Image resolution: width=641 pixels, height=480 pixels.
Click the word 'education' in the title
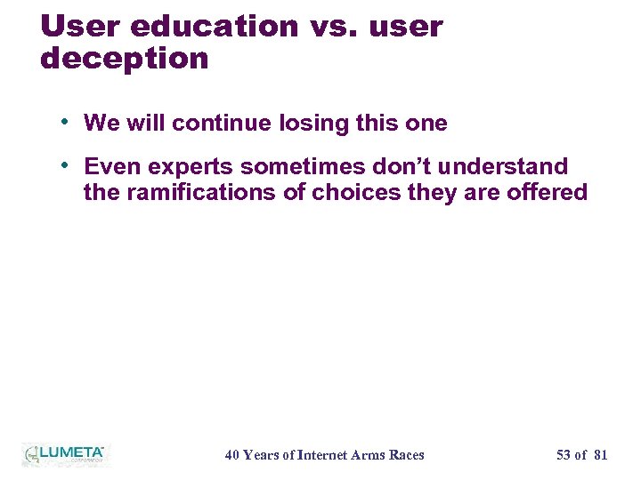(214, 27)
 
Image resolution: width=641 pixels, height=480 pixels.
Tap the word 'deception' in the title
(124, 60)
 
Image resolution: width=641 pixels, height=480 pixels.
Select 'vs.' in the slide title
(330, 27)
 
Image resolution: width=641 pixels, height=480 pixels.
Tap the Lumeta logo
(63, 454)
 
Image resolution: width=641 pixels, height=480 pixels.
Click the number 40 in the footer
(232, 455)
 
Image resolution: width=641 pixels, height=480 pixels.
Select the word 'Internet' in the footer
(325, 455)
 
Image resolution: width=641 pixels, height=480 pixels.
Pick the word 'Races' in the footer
(406, 455)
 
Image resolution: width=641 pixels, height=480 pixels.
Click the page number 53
(564, 455)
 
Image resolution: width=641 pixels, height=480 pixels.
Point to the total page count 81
(600, 455)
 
